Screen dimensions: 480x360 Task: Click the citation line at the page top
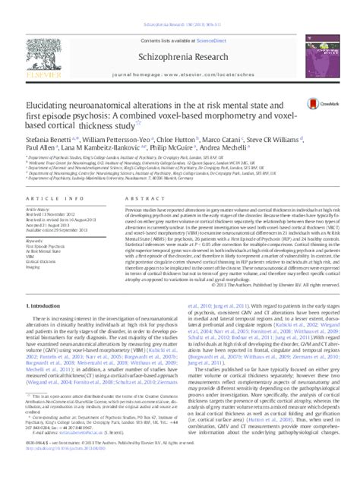181,5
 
